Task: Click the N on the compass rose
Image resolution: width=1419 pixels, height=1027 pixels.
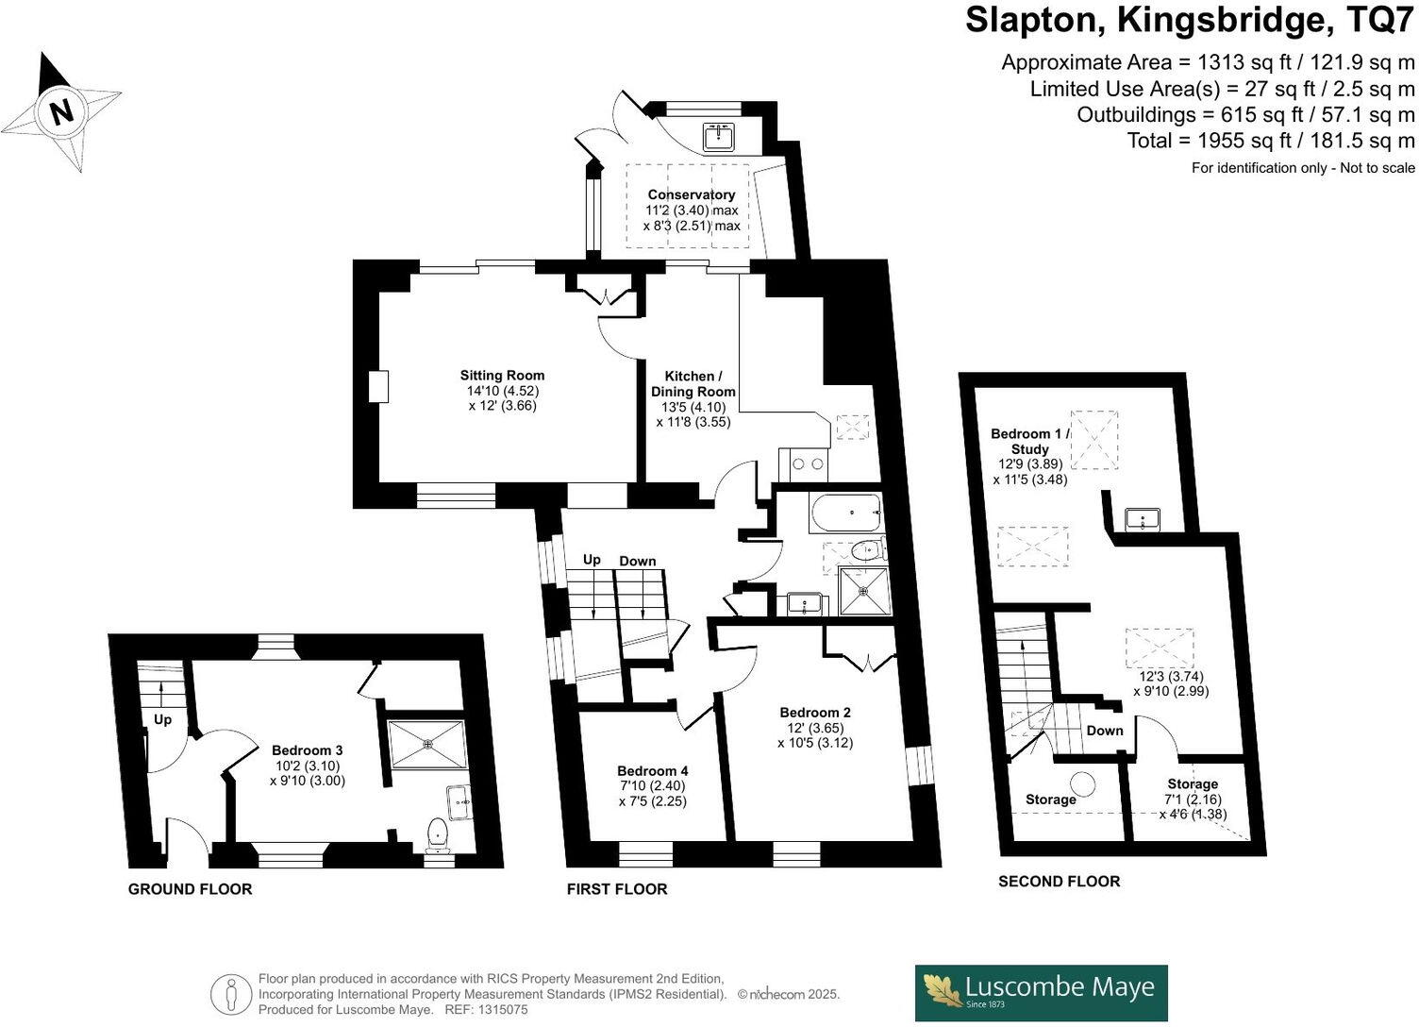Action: click(62, 112)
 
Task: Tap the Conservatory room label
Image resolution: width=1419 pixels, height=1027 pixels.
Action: click(691, 195)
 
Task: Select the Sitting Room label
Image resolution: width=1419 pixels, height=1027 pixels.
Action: click(502, 376)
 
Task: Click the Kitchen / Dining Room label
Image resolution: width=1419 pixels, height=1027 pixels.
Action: click(693, 384)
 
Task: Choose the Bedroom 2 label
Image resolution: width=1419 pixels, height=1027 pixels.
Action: click(815, 713)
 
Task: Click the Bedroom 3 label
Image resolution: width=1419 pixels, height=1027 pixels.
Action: click(307, 750)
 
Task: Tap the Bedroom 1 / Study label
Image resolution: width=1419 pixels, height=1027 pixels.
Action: click(1030, 442)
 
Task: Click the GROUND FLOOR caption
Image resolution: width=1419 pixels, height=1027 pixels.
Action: click(191, 889)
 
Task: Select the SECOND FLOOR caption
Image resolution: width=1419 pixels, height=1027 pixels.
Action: click(1060, 882)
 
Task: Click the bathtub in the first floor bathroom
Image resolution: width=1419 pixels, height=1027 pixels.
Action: click(844, 514)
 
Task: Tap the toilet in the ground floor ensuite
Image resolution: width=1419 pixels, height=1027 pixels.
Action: click(437, 833)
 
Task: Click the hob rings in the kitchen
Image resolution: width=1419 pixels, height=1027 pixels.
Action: click(803, 463)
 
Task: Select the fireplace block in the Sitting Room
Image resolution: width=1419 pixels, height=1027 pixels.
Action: click(378, 387)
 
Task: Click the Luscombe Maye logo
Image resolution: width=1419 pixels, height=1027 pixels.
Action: click(1042, 991)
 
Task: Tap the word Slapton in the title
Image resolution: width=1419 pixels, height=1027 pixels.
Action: click(1034, 20)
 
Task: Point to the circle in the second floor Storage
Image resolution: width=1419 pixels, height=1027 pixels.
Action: click(1085, 783)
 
